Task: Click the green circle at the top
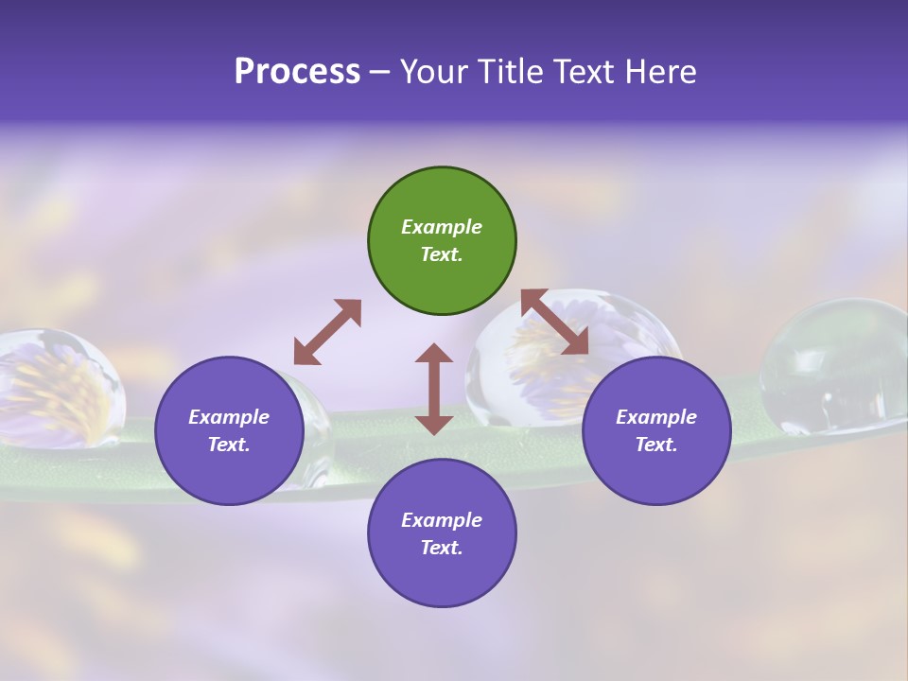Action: pyautogui.click(x=442, y=241)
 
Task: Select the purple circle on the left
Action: pyautogui.click(x=229, y=430)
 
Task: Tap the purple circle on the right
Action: pyautogui.click(x=656, y=430)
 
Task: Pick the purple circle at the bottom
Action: pyautogui.click(x=442, y=533)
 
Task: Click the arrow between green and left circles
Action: pyautogui.click(x=327, y=332)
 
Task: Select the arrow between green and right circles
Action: pyautogui.click(x=555, y=322)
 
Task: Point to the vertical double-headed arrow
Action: pyautogui.click(x=434, y=389)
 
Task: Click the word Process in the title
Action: pyautogui.click(x=297, y=71)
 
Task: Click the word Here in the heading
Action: pyautogui.click(x=662, y=71)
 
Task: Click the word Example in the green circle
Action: pyautogui.click(x=442, y=227)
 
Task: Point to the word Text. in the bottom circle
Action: pyautogui.click(x=442, y=548)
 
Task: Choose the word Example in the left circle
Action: pyautogui.click(x=229, y=417)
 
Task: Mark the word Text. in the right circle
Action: pyautogui.click(x=656, y=445)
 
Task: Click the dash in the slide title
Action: pyautogui.click(x=379, y=72)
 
